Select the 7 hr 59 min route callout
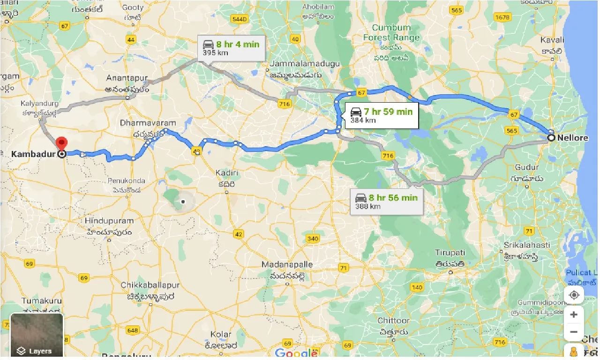(x=381, y=115)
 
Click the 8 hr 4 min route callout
(x=231, y=48)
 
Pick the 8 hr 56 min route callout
(x=386, y=201)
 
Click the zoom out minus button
(x=574, y=332)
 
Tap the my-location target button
(x=574, y=295)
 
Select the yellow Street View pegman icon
(x=574, y=352)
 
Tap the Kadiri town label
(x=227, y=173)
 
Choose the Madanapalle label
(x=287, y=265)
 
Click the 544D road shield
(x=240, y=19)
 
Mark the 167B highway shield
(x=502, y=18)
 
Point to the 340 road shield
(x=312, y=239)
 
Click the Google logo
(x=297, y=353)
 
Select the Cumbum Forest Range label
(x=391, y=32)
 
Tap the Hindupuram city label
(x=109, y=220)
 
